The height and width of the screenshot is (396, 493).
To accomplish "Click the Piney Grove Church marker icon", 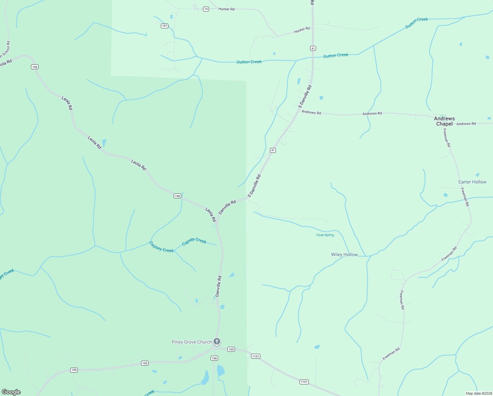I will pyautogui.click(x=217, y=341).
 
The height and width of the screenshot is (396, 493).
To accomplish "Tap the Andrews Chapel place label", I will pyautogui.click(x=444, y=121).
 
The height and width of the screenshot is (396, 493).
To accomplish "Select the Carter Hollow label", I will pyautogui.click(x=472, y=182).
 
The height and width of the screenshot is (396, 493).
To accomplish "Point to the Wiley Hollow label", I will pyautogui.click(x=344, y=254).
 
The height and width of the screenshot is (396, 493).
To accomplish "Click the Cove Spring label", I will pyautogui.click(x=325, y=235).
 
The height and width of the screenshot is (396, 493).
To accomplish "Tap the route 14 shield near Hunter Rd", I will pyautogui.click(x=206, y=9).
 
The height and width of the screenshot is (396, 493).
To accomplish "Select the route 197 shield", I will pyautogui.click(x=164, y=26).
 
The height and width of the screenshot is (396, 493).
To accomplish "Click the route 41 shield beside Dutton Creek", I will pyautogui.click(x=313, y=49).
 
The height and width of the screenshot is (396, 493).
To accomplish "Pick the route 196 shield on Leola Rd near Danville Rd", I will pyautogui.click(x=177, y=196).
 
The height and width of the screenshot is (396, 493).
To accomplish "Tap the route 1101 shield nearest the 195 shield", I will pyautogui.click(x=255, y=356).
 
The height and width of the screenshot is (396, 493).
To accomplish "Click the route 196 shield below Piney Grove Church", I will pyautogui.click(x=214, y=358).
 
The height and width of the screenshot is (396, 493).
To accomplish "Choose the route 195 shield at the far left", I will pyautogui.click(x=74, y=370).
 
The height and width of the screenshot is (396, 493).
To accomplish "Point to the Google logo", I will pyautogui.click(x=11, y=392).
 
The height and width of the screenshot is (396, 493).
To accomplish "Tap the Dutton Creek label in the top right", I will pyautogui.click(x=417, y=23).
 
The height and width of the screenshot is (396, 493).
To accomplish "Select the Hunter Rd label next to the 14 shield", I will pyautogui.click(x=226, y=9).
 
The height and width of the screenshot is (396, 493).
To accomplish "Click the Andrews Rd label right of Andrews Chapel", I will pyautogui.click(x=466, y=124).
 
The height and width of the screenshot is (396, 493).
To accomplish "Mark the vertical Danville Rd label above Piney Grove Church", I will pyautogui.click(x=218, y=286).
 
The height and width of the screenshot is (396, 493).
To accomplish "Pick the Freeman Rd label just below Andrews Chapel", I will pyautogui.click(x=447, y=138).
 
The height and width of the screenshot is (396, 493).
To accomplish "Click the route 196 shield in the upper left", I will pyautogui.click(x=35, y=67).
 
